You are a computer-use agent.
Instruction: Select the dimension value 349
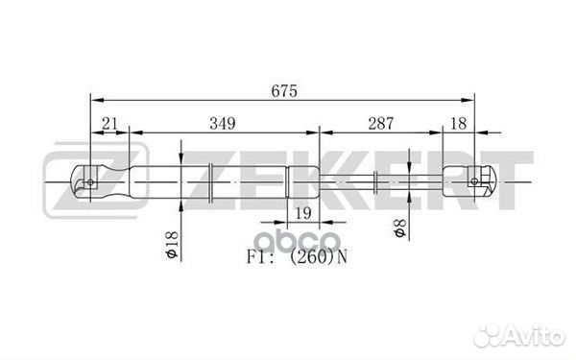(222, 123)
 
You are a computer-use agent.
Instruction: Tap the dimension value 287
(381, 123)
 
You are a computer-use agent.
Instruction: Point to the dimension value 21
(108, 123)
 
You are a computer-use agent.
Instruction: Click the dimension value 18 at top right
(459, 123)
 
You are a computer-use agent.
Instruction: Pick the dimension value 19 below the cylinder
(303, 212)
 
